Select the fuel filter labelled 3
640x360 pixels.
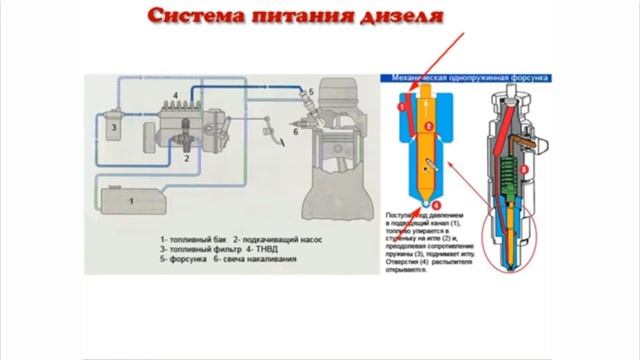pyautogui.click(x=116, y=128)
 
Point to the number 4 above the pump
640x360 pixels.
pyautogui.click(x=175, y=93)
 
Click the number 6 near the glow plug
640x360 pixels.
pyautogui.click(x=296, y=130)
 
